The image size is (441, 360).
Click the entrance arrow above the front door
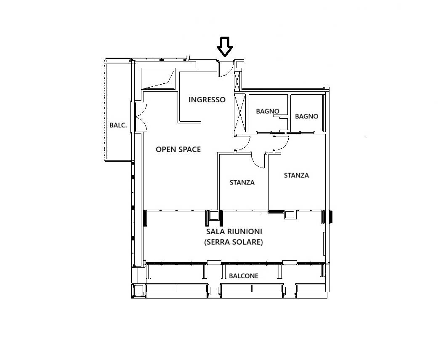pos(225,47)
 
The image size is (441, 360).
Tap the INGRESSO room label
pos(207,100)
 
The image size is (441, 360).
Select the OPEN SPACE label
pos(178,149)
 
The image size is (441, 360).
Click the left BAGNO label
pos(268,111)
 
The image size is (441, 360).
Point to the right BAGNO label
pos(307,116)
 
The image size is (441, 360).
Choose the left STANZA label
pos(242,182)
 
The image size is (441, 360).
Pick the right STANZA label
pos(296,175)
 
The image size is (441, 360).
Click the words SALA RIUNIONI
pos(234,231)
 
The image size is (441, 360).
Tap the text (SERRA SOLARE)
pos(234,242)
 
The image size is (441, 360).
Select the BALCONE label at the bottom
pos(244,276)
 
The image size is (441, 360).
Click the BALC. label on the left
pos(118,125)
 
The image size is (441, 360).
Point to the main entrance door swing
pos(226,69)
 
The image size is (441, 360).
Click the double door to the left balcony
pos(141,117)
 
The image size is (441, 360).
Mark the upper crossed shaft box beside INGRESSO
pos(238,81)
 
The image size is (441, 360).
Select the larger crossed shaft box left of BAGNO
pos(240,113)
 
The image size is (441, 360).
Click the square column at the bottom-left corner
pos(139,291)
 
